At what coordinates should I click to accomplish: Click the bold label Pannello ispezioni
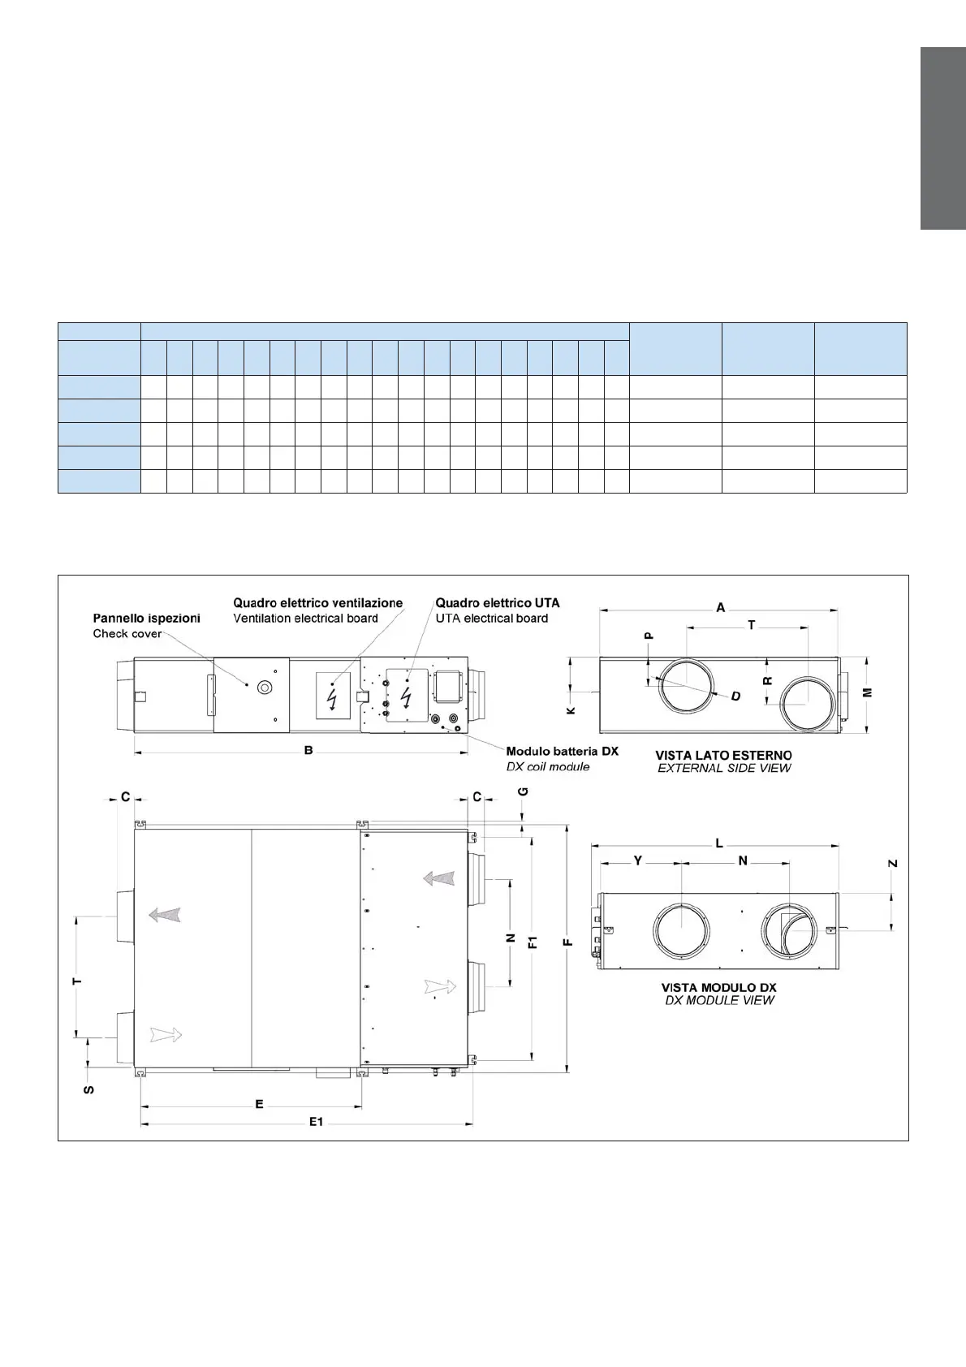click(x=146, y=618)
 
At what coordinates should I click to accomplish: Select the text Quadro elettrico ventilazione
click(x=317, y=603)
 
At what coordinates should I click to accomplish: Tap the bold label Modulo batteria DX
click(x=562, y=752)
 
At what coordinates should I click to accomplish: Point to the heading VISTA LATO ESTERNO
click(x=723, y=755)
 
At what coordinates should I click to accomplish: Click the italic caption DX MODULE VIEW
click(x=719, y=1000)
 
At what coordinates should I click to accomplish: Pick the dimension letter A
click(x=720, y=606)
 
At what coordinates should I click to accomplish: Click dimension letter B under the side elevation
click(x=308, y=751)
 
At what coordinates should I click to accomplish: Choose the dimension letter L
click(x=719, y=843)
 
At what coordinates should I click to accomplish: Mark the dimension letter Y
click(x=638, y=860)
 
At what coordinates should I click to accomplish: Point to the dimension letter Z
click(x=892, y=865)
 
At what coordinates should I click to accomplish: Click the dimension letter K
click(x=571, y=709)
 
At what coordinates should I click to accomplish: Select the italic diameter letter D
click(x=735, y=696)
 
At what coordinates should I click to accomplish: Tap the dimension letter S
click(x=89, y=1089)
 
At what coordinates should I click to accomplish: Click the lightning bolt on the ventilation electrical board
click(x=332, y=696)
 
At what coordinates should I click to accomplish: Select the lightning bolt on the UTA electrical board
click(x=406, y=696)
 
